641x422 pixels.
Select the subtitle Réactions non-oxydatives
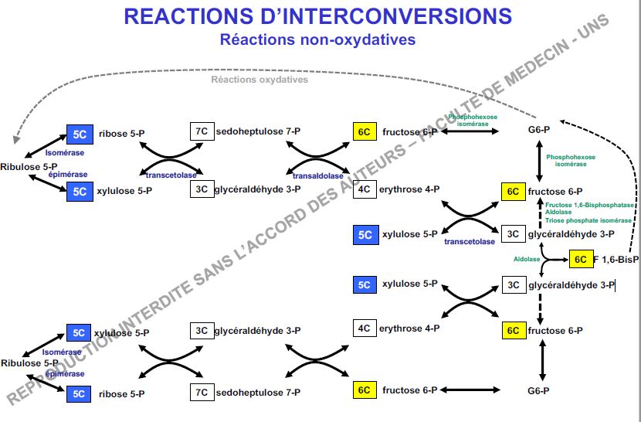coord(317,39)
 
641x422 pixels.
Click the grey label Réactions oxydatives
coord(259,80)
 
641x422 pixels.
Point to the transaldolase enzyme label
coord(312,175)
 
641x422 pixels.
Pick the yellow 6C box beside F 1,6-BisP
coord(580,260)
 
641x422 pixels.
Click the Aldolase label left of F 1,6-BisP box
coord(527,260)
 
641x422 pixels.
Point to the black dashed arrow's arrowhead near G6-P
coord(561,122)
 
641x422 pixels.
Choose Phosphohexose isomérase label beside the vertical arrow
coord(571,160)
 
